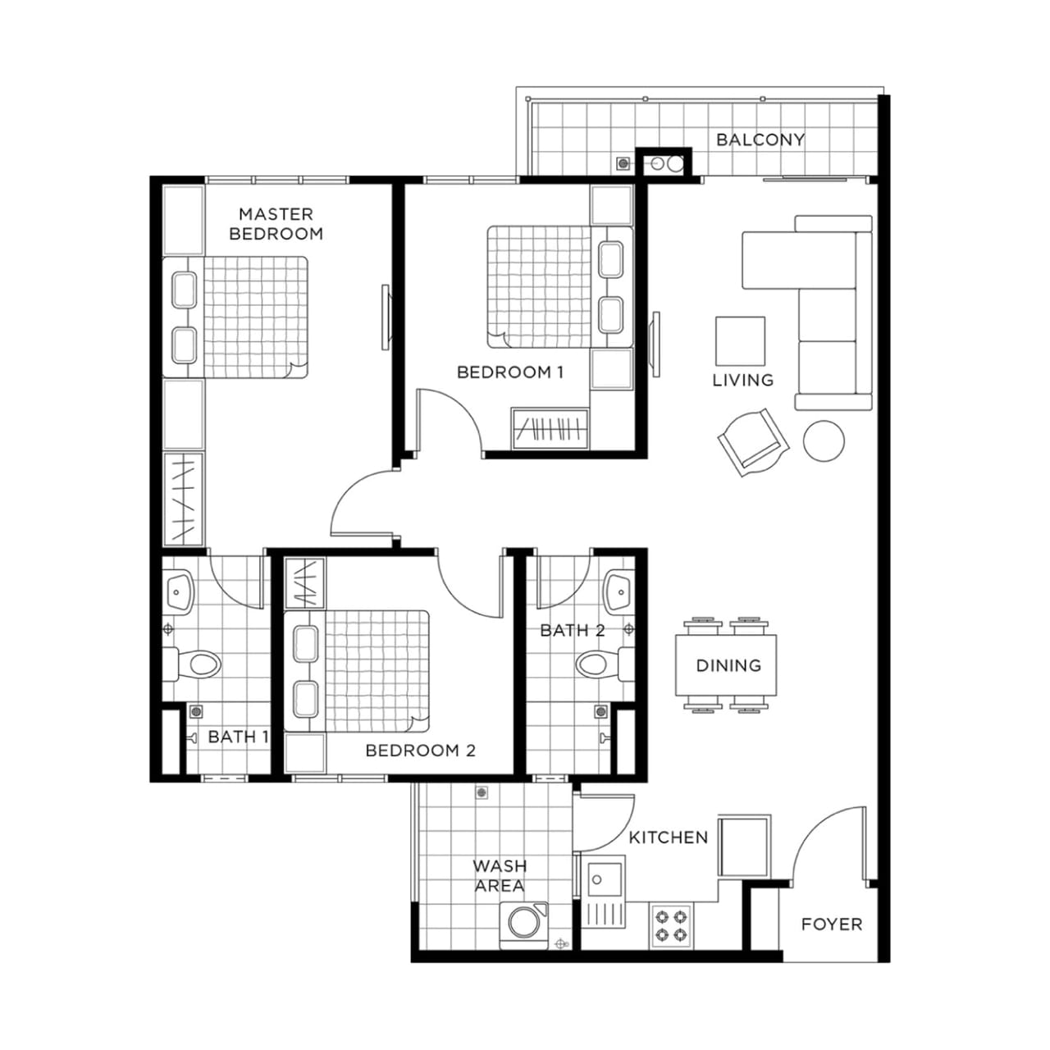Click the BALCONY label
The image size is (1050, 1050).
pyautogui.click(x=760, y=140)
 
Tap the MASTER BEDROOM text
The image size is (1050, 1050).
pyautogui.click(x=276, y=224)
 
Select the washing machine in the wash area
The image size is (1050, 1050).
pyautogui.click(x=524, y=925)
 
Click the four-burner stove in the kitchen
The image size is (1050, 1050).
pyautogui.click(x=671, y=926)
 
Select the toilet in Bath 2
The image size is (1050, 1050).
pyautogui.click(x=605, y=664)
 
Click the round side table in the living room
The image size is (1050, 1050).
pyautogui.click(x=824, y=441)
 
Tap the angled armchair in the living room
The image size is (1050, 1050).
pyautogui.click(x=754, y=443)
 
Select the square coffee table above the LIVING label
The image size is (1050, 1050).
pyautogui.click(x=740, y=341)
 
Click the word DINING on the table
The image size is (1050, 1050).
pyautogui.click(x=728, y=665)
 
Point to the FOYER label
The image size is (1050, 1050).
pyautogui.click(x=832, y=924)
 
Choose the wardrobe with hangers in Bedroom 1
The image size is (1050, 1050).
pyautogui.click(x=550, y=429)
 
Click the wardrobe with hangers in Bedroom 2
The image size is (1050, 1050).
pyautogui.click(x=304, y=583)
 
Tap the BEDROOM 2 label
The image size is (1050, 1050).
pyautogui.click(x=420, y=751)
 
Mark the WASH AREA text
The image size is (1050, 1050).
pyautogui.click(x=500, y=875)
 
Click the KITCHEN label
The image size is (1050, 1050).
pyautogui.click(x=668, y=838)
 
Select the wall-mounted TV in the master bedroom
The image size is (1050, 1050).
pyautogui.click(x=386, y=317)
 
